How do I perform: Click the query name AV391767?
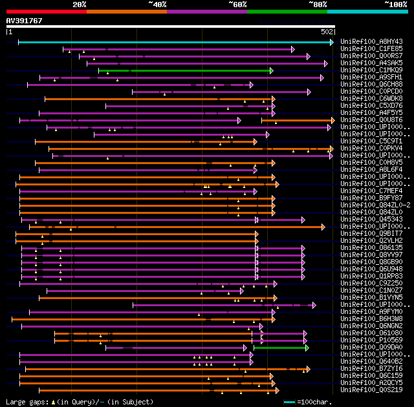(25, 21)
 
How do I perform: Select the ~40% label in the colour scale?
(157, 5)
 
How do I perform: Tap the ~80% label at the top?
(318, 5)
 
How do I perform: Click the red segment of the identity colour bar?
(45, 11)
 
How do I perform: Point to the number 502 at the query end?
(327, 32)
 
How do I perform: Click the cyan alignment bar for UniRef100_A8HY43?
(175, 42)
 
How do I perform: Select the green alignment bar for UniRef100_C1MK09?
(185, 70)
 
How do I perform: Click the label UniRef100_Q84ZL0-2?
(375, 205)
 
